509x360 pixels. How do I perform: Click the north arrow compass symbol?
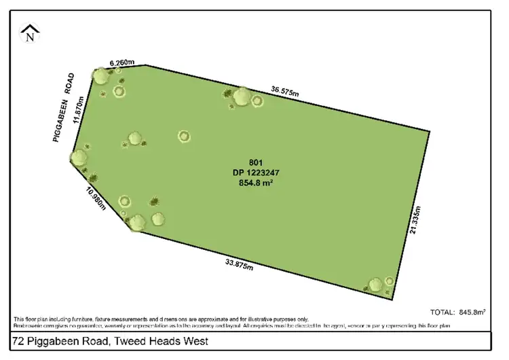[x=29, y=33]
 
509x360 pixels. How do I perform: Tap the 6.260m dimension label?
[x=122, y=62]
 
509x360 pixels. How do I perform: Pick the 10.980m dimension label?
[x=95, y=197]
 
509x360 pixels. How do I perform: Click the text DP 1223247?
[x=255, y=173]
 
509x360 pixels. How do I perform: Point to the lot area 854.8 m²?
[x=255, y=182]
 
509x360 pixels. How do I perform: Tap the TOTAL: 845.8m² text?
[x=459, y=312]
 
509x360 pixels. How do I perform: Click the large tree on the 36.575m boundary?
[x=241, y=97]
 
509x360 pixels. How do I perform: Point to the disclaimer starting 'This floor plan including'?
[x=160, y=319]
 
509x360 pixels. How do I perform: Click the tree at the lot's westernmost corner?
[x=79, y=158]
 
